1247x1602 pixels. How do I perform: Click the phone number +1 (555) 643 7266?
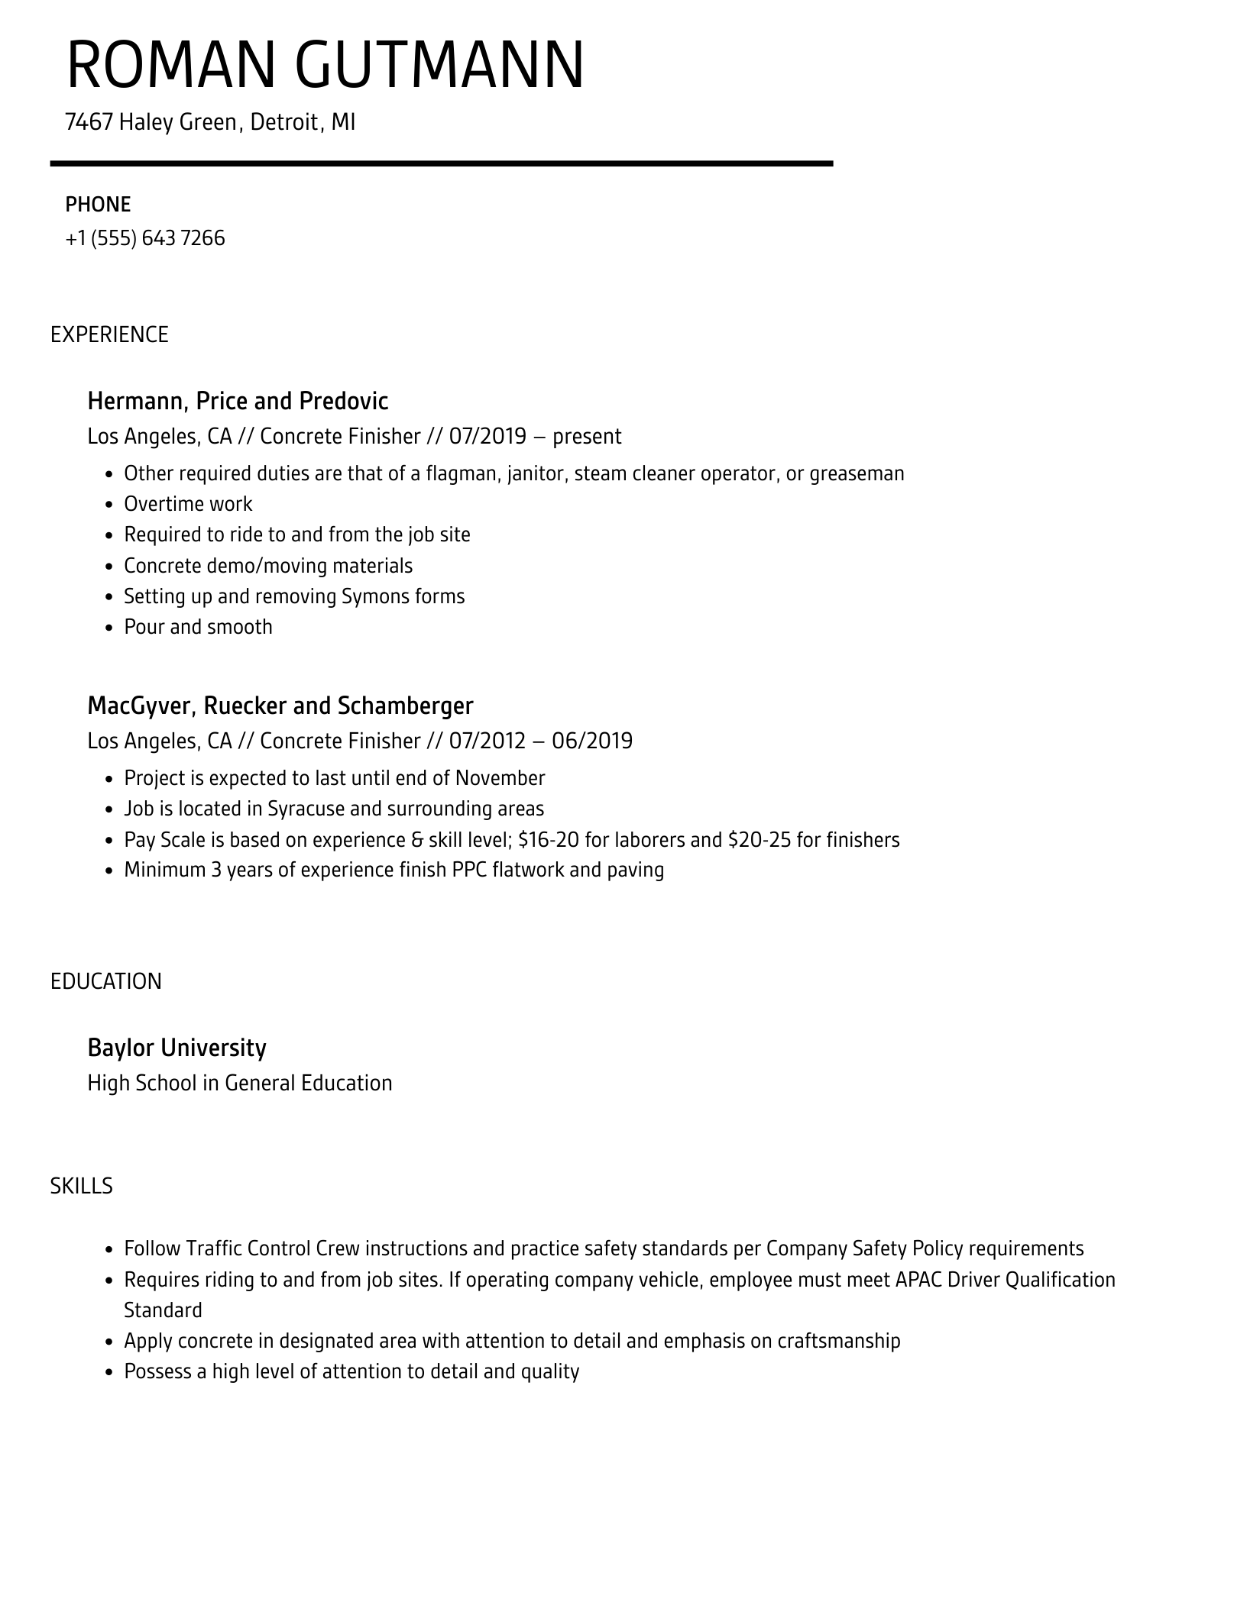(x=145, y=238)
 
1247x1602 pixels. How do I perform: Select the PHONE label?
(x=98, y=204)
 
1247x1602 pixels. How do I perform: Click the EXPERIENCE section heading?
(x=109, y=334)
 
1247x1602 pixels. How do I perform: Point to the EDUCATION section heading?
(x=106, y=981)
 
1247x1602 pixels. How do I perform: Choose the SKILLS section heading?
(x=82, y=1186)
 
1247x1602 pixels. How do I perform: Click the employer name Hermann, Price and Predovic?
(x=238, y=401)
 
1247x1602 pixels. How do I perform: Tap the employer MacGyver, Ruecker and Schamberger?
(x=280, y=706)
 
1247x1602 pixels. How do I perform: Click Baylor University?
(x=177, y=1048)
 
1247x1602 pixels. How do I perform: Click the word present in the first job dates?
(x=587, y=436)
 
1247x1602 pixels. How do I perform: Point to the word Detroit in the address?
(x=284, y=122)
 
